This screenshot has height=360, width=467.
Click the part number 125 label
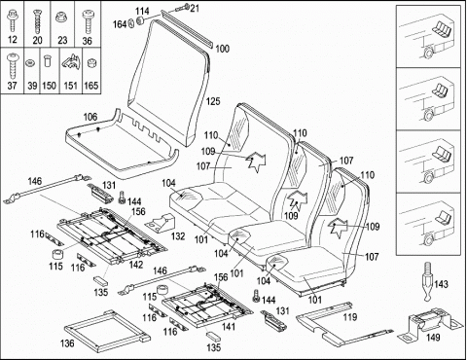pyautogui.click(x=213, y=101)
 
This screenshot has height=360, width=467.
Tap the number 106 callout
pyautogui.click(x=90, y=117)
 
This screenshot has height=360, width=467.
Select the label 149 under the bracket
pyautogui.click(x=433, y=338)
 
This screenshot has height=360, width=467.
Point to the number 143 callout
pyautogui.click(x=441, y=284)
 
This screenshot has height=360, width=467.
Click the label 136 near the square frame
pyautogui.click(x=67, y=343)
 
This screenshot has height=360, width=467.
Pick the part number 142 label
pyautogui.click(x=136, y=265)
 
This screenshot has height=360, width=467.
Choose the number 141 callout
pyautogui.click(x=229, y=327)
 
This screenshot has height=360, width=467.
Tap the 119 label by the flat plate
pyautogui.click(x=350, y=317)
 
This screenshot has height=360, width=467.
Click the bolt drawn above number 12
pyautogui.click(x=12, y=20)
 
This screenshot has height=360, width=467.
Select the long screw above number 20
pyautogui.click(x=37, y=21)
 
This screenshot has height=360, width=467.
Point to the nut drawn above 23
pyautogui.click(x=61, y=17)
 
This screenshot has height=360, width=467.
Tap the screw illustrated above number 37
pyautogui.click(x=13, y=66)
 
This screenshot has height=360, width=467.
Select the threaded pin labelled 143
pyautogui.click(x=427, y=281)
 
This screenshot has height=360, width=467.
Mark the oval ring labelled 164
pyautogui.click(x=132, y=23)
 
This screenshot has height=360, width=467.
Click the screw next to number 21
pyautogui.click(x=182, y=7)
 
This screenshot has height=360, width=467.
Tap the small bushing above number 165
pyautogui.click(x=90, y=62)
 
